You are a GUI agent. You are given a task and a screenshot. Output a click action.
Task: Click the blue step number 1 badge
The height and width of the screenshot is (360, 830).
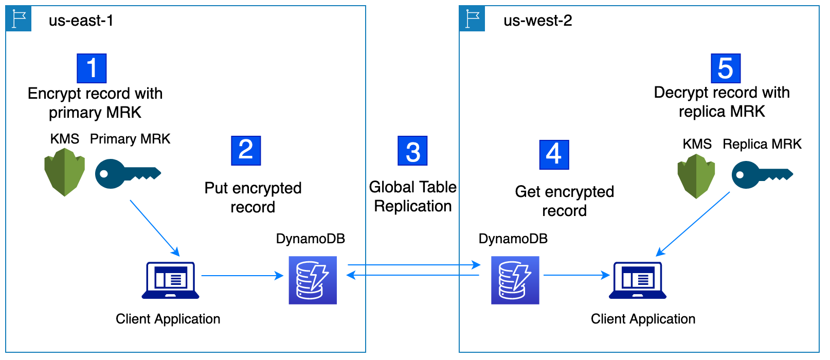click(92, 68)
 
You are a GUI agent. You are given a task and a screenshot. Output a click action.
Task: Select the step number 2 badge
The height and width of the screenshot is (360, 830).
click(246, 151)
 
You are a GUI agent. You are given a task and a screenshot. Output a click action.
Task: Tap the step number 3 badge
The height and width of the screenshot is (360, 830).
click(412, 151)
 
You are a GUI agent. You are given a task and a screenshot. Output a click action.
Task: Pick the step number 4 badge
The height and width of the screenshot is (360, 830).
click(554, 154)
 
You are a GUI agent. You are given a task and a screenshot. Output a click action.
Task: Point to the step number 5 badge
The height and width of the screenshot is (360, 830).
click(725, 68)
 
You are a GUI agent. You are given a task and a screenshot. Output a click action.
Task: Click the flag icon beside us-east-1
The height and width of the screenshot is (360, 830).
click(19, 19)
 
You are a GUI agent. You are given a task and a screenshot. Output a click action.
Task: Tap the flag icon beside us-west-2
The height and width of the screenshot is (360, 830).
click(472, 19)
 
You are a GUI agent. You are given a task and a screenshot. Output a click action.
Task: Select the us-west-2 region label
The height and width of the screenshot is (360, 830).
click(537, 21)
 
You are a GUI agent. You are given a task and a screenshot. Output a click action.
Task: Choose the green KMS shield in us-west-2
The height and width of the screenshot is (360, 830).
click(696, 176)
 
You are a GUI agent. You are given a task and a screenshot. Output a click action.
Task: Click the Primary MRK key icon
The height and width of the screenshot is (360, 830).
click(128, 174)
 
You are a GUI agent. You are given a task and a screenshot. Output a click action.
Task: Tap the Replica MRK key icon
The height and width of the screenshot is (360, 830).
click(762, 175)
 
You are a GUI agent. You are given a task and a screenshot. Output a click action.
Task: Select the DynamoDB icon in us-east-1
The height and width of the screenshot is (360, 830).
click(313, 280)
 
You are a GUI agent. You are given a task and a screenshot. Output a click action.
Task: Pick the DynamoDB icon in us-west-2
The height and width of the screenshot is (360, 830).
click(515, 280)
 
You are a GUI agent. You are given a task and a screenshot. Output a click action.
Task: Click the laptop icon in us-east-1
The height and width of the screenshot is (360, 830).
click(170, 280)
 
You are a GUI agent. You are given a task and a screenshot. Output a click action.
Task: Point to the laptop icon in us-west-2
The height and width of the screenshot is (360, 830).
click(637, 280)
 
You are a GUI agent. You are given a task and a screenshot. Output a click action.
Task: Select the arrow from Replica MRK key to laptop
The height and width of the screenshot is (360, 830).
click(693, 224)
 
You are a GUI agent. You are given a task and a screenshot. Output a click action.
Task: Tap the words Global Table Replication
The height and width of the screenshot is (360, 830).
click(412, 196)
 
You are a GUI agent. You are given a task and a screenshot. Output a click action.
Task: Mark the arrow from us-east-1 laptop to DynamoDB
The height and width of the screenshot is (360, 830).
click(242, 276)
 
